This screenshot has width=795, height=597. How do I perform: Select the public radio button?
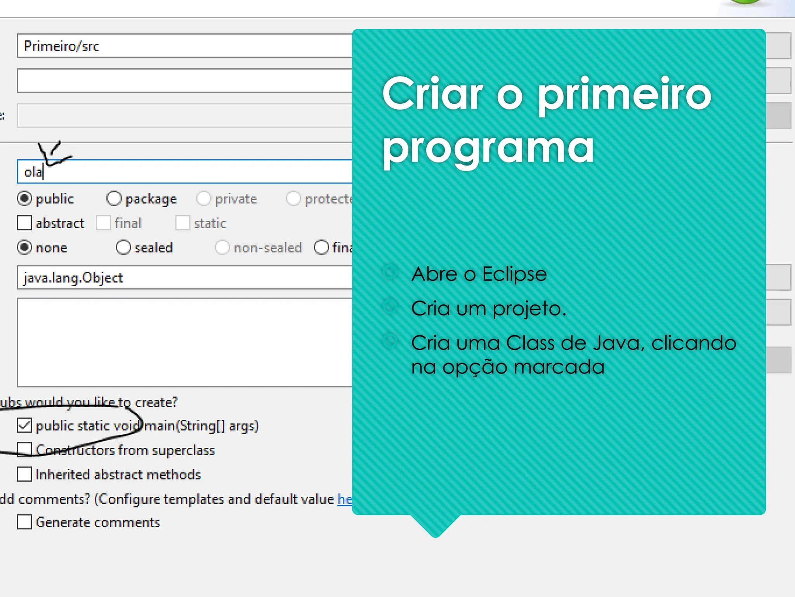(x=24, y=199)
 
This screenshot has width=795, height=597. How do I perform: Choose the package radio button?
(x=114, y=199)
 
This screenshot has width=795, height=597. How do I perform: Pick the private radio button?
(x=203, y=199)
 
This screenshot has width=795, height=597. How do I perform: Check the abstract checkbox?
(x=24, y=223)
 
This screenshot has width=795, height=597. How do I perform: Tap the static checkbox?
(x=182, y=223)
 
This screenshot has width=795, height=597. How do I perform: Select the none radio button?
(x=24, y=248)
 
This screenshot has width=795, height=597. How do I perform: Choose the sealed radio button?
(x=123, y=248)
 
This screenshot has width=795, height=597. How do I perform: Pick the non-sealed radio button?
(x=222, y=248)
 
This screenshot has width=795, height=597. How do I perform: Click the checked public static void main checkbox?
(x=24, y=426)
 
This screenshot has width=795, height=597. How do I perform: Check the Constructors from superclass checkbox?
(x=24, y=450)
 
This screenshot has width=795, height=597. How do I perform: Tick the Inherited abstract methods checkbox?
(x=24, y=474)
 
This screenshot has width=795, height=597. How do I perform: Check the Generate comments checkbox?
(x=24, y=522)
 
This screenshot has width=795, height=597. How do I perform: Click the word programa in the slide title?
(x=488, y=148)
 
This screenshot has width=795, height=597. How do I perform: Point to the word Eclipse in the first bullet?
(x=514, y=274)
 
